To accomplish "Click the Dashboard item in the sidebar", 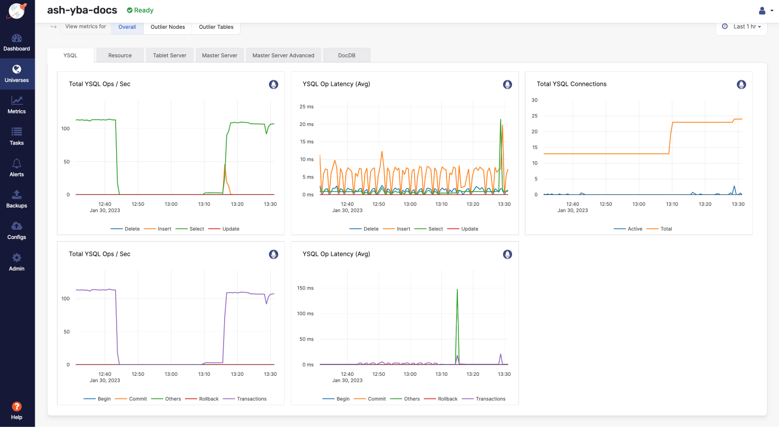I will click(17, 42).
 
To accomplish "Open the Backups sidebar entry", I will click(17, 199).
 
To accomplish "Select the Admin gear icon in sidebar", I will click(17, 257).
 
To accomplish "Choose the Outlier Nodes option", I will click(168, 27).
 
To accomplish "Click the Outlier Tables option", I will click(216, 27).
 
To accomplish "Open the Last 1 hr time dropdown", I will click(742, 27).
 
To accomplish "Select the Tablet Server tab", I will click(169, 55).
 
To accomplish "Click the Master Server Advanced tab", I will click(283, 55).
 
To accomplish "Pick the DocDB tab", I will click(347, 55).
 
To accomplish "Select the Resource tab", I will click(120, 55).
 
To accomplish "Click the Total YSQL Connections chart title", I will click(571, 84).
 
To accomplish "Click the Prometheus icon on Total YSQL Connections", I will click(741, 85).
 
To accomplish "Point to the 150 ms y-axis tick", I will click(305, 287).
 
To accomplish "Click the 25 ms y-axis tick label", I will click(307, 106).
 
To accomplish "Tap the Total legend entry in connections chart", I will click(666, 229).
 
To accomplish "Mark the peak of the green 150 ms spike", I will click(457, 289).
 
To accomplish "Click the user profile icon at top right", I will click(762, 10).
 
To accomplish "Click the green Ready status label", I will click(141, 10).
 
